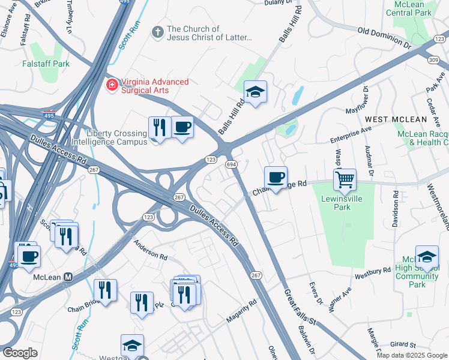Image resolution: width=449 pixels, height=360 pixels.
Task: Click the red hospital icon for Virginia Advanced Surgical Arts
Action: coord(111,86)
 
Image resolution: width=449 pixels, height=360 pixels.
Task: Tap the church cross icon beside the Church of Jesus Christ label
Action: coord(158,31)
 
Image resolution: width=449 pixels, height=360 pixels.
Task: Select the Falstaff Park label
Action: coord(46,64)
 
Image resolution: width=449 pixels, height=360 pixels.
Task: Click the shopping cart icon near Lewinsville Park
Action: coord(345,179)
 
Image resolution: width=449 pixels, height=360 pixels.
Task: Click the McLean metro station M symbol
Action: coord(68,277)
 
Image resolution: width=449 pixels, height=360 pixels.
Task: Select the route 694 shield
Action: coord(231,164)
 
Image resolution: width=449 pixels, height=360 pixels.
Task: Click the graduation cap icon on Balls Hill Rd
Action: coord(255,92)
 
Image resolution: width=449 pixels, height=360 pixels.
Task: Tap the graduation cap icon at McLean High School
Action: coord(426,257)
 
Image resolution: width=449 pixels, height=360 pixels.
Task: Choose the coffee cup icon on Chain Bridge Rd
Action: coord(276,178)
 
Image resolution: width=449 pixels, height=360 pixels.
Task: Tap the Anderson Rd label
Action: coord(150,250)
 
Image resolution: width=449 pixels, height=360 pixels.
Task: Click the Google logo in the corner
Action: coord(20,353)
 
